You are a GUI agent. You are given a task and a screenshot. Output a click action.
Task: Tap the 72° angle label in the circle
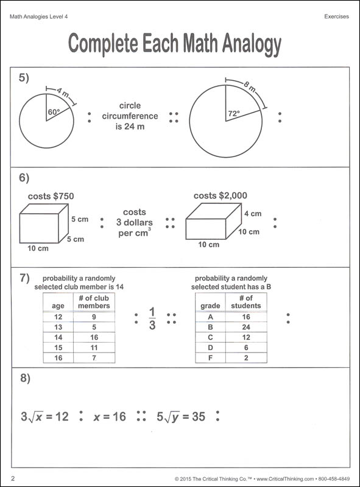(235, 114)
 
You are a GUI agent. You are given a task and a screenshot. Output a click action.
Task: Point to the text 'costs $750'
(51, 197)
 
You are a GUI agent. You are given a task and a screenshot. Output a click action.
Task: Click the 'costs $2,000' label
(221, 196)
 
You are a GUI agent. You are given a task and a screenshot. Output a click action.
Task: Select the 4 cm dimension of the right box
(253, 214)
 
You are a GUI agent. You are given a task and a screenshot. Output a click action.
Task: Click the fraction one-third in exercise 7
(152, 318)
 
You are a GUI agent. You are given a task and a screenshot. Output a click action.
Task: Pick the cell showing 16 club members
(94, 337)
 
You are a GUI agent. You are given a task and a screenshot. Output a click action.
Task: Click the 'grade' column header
(210, 306)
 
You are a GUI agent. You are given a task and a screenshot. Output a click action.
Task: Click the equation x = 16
(110, 417)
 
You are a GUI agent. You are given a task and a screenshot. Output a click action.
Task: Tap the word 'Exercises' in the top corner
(336, 16)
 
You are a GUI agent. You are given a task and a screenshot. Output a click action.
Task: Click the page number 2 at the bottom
(13, 478)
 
